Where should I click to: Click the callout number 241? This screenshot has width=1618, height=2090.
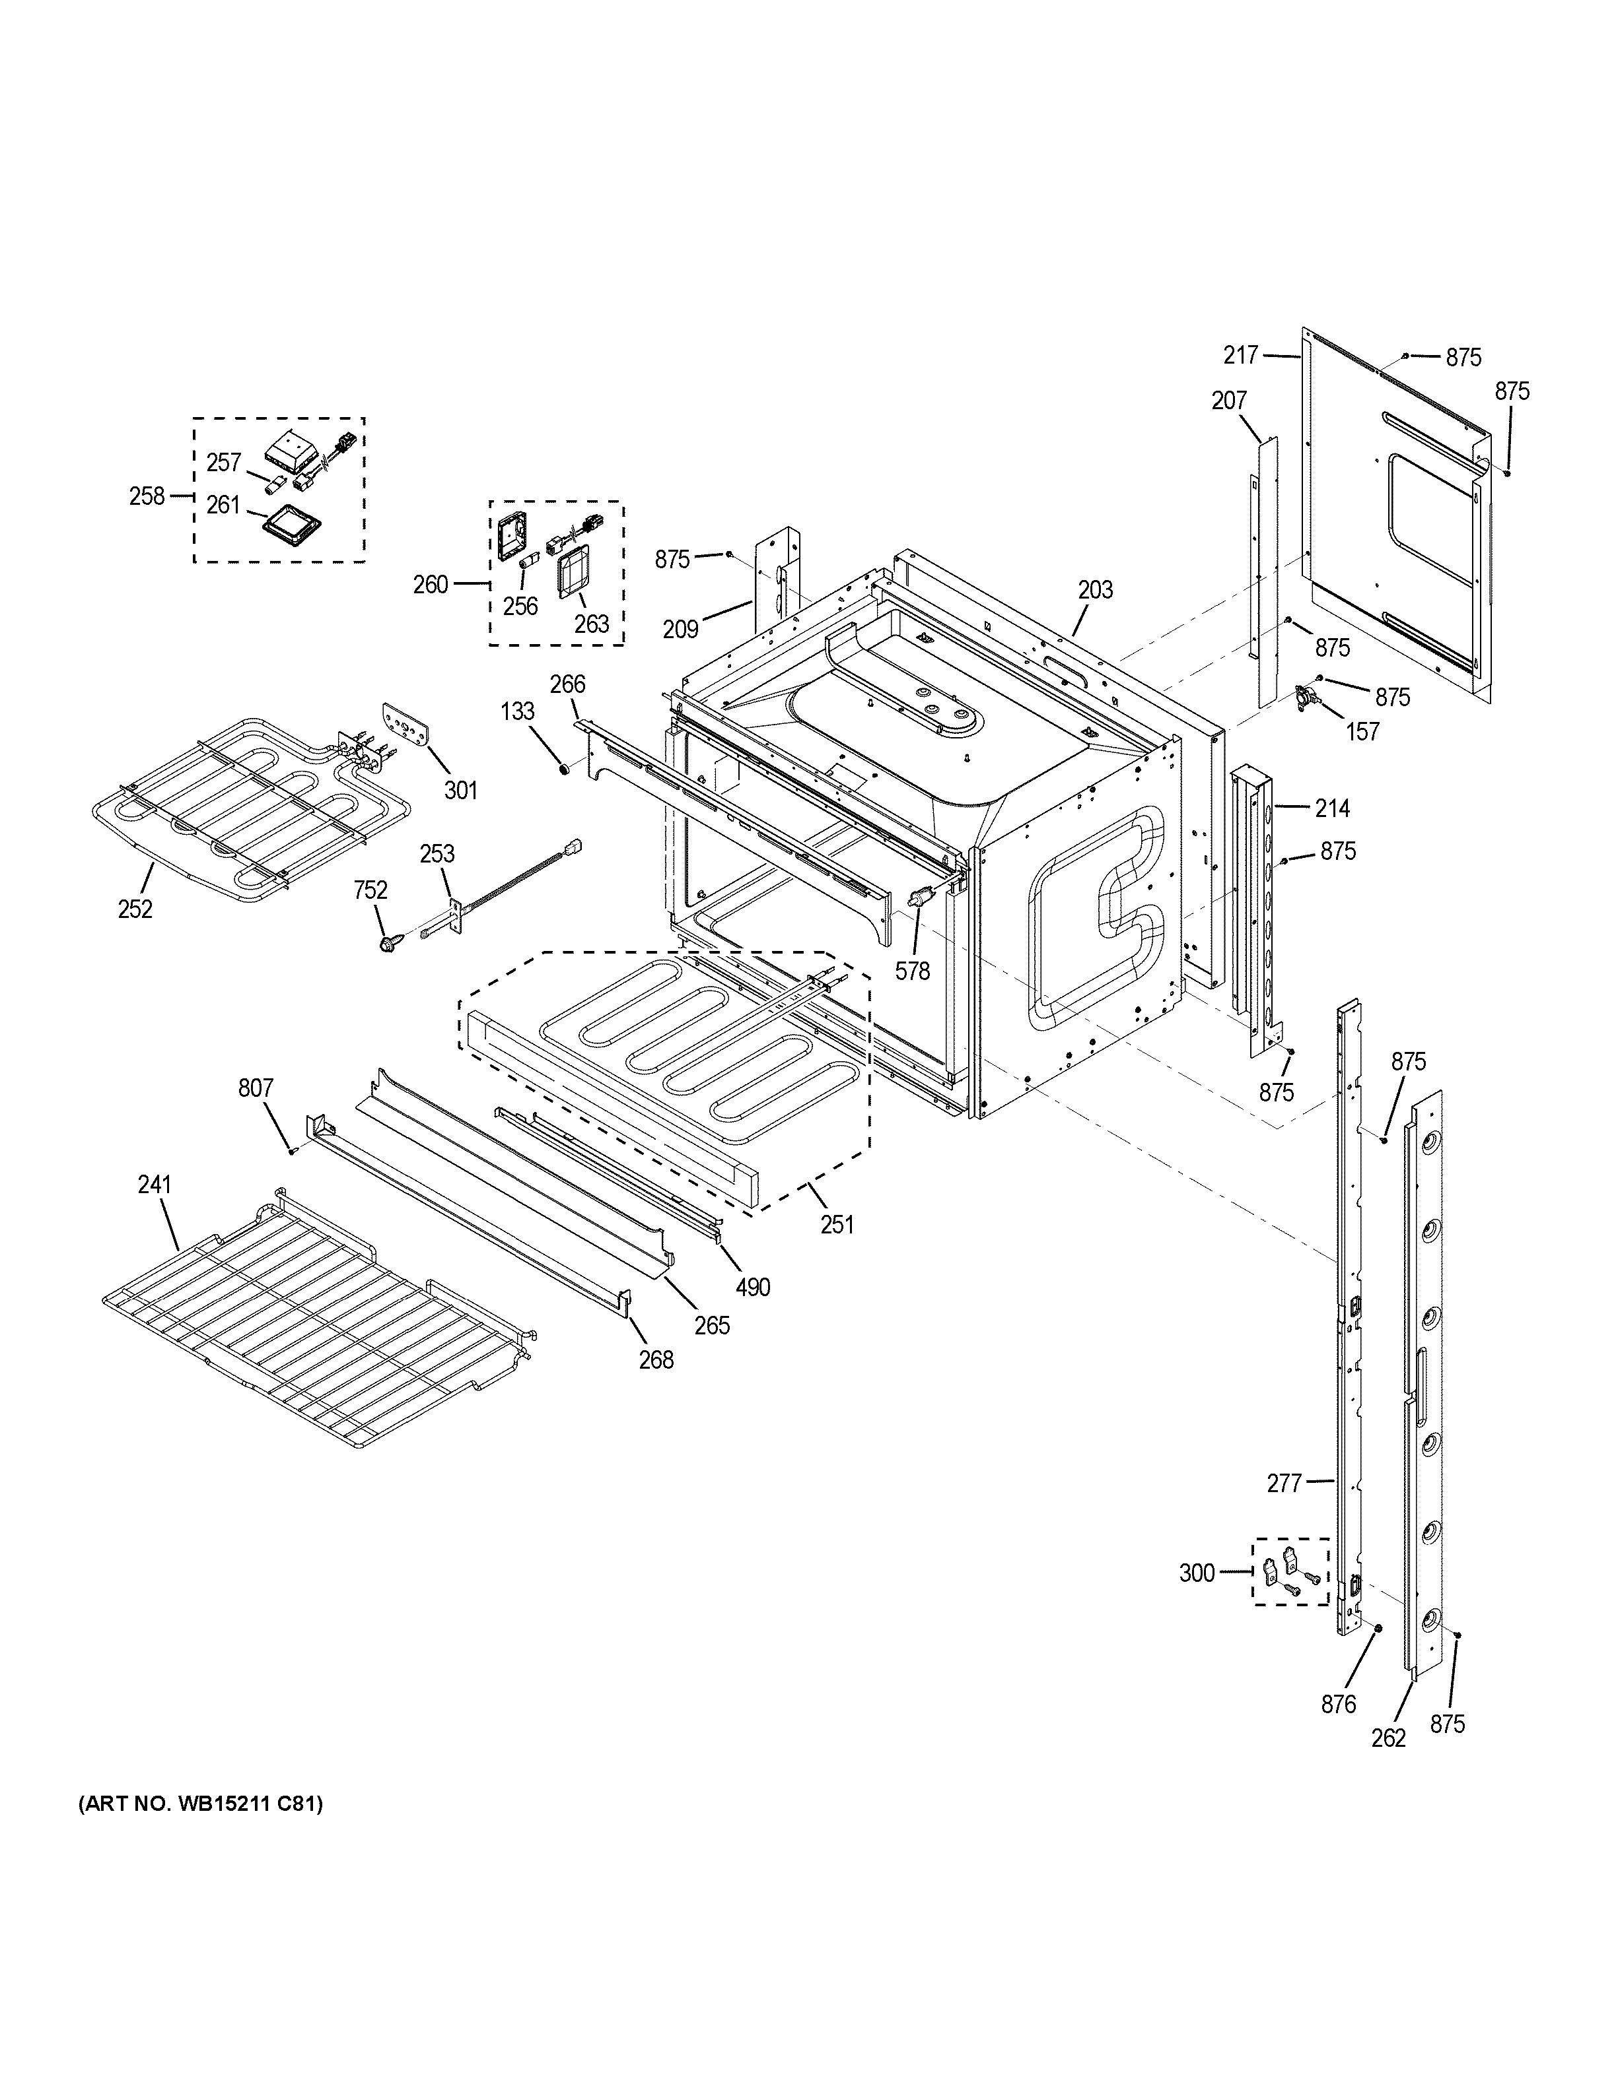[154, 1185]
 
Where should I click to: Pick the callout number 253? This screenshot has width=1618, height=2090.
[438, 853]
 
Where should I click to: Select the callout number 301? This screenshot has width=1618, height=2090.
[460, 791]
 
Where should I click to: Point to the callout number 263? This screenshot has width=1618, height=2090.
[592, 624]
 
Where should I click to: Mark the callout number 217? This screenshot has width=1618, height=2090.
[1241, 355]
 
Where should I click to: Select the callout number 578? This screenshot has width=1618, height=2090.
[913, 971]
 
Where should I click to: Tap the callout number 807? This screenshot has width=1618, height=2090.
[256, 1088]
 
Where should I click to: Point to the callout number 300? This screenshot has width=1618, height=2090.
[1197, 1573]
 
